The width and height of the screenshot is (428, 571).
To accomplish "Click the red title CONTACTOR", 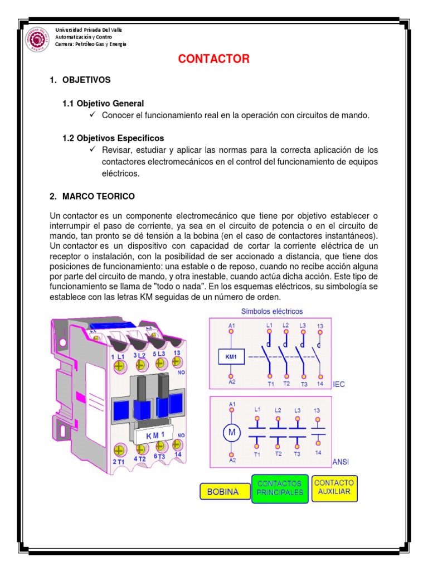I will click(x=214, y=59).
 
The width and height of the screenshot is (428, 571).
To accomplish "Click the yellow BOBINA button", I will click(x=223, y=492).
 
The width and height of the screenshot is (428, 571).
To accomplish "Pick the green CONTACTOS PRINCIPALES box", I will click(x=280, y=488).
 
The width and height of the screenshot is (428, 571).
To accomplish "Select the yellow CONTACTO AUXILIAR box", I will click(x=334, y=487).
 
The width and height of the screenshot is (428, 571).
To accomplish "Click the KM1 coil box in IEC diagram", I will click(x=232, y=357).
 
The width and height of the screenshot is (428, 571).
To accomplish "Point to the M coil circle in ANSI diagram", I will click(x=232, y=432).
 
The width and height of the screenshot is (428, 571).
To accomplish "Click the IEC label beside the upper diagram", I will click(x=339, y=385).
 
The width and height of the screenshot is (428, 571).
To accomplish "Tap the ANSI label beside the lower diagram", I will click(x=341, y=462).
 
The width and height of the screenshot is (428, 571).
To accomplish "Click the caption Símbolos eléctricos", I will click(x=272, y=311).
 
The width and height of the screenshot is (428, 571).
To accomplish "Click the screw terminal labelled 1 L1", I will click(x=119, y=365).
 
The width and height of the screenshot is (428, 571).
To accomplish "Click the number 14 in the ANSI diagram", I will click(x=318, y=453).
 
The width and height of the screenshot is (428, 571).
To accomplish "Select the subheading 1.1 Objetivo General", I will click(x=103, y=103).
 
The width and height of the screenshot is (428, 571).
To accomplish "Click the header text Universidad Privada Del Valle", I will click(x=89, y=30).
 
